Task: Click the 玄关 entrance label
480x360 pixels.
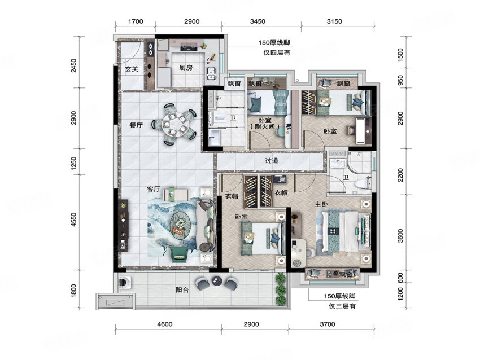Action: pos(132,69)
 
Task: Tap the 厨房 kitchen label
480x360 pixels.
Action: pos(186,68)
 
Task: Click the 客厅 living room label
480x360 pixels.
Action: pos(154,189)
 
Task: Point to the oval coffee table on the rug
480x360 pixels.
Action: pos(180,225)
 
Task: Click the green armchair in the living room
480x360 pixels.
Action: pos(180,254)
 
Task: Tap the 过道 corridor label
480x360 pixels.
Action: pos(272,160)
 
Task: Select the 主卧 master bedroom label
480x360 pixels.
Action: pos(321,204)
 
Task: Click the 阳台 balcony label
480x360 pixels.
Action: pos(182,289)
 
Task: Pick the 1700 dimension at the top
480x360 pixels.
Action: pos(136,21)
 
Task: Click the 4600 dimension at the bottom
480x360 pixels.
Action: pos(165,324)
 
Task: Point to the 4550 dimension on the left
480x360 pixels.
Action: pos(73,220)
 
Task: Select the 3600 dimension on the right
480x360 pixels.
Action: pos(401,236)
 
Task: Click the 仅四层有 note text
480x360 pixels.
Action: pos(277,52)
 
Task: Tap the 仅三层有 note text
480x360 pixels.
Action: pos(342,306)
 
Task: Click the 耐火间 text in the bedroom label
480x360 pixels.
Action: pos(265,126)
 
